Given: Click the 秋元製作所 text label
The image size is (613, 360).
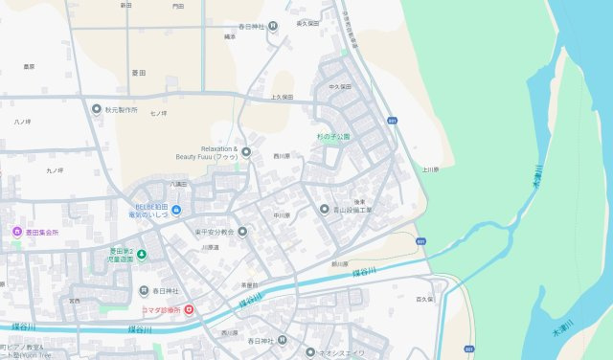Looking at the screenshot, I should (122, 109).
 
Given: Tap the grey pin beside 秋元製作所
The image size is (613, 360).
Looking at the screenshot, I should (96, 109).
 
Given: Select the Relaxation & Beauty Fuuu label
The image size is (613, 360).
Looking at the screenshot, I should (206, 152).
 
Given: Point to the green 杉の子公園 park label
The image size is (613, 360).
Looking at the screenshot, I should (333, 137).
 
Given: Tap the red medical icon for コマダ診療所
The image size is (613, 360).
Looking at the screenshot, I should (188, 309).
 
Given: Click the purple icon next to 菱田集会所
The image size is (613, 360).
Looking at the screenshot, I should (15, 232).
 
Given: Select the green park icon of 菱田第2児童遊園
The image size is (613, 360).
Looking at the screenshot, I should (141, 254).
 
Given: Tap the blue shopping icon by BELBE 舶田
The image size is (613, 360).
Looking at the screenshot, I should (176, 210).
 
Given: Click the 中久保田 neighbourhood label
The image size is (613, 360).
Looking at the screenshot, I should (340, 86).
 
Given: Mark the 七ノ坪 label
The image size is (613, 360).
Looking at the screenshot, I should (158, 114).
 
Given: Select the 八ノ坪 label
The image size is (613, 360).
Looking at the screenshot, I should (22, 123).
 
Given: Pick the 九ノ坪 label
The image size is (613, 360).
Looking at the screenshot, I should (55, 170).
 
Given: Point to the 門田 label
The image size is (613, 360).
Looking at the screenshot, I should (178, 6).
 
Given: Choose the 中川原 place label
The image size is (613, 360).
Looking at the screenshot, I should (281, 215).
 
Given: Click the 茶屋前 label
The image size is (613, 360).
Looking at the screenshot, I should (249, 285).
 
